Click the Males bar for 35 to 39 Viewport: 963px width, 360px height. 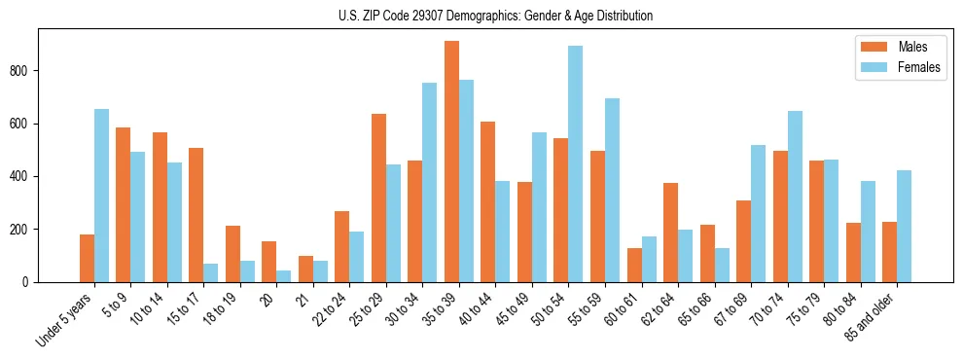pos(451,162)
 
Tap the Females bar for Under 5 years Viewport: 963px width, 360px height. pos(101,196)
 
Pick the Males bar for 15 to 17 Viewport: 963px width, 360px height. pos(196,215)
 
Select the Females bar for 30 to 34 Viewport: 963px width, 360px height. pos(430,182)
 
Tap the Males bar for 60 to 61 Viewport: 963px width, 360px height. pos(634,265)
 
